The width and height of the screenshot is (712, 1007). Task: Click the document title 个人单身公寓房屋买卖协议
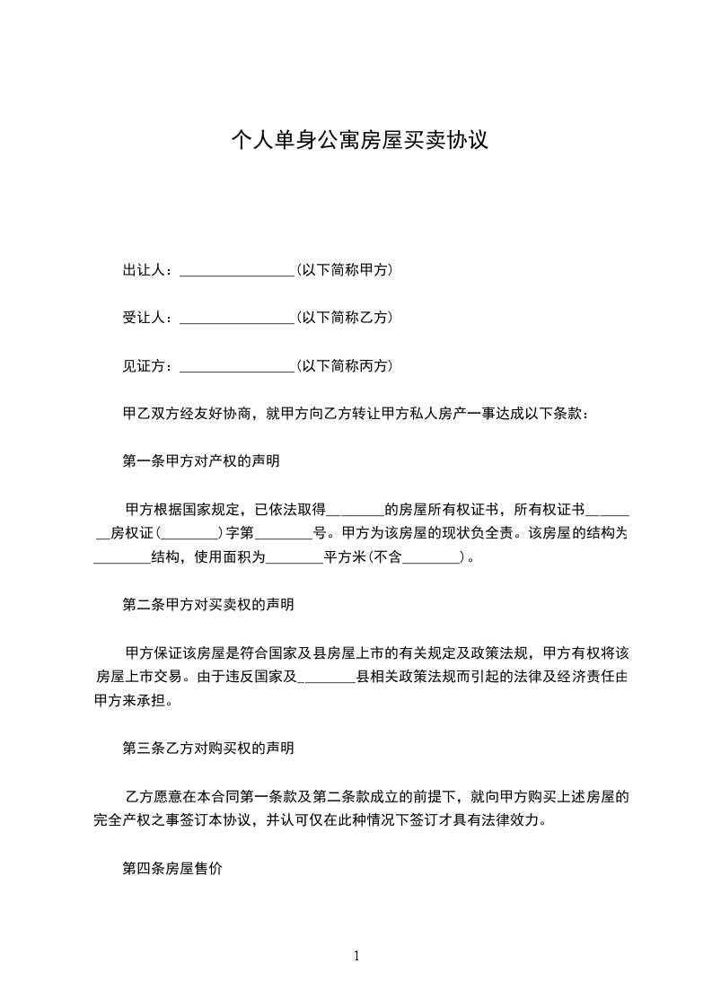coord(359,140)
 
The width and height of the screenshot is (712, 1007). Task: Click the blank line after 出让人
coord(237,271)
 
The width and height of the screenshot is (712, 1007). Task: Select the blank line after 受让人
coord(237,319)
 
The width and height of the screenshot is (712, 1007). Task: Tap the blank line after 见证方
coord(237,367)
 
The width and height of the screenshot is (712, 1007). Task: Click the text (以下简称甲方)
coord(344,269)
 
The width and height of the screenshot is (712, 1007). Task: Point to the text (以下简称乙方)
coord(344,317)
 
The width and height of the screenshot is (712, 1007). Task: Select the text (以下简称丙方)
coord(344,365)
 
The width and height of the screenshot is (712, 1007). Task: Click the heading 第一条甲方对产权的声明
coord(201,462)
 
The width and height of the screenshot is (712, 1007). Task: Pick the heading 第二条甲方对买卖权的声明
coord(208,604)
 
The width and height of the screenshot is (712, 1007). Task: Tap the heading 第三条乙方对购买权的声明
coord(208,747)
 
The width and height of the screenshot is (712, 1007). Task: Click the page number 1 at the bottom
coord(357,956)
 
